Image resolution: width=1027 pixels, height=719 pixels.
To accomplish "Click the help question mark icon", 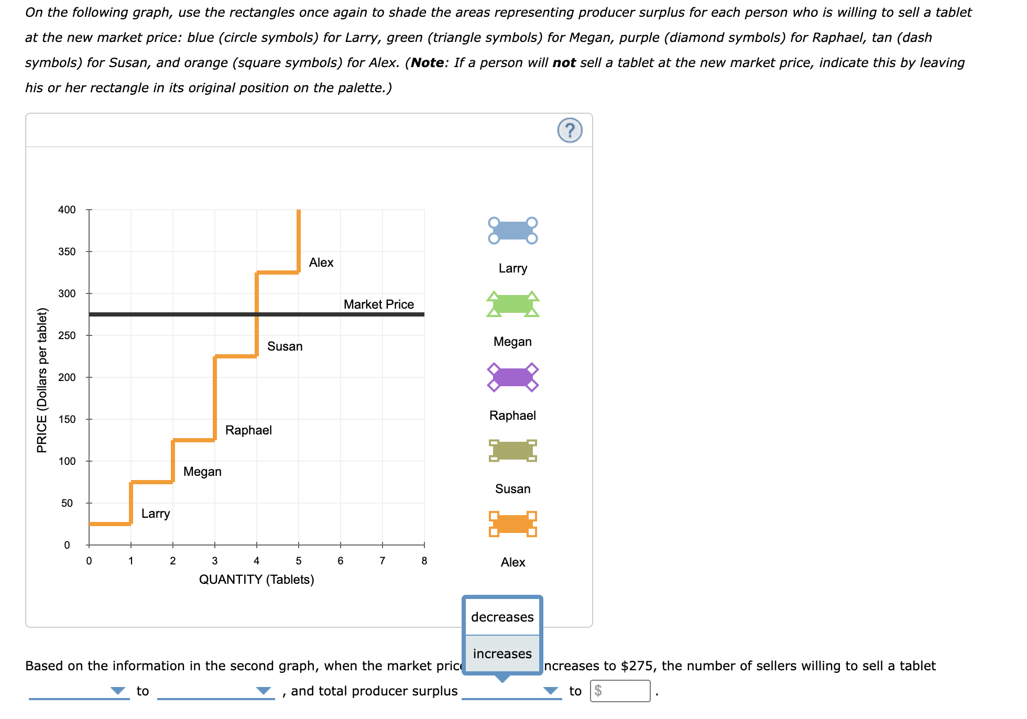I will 570,130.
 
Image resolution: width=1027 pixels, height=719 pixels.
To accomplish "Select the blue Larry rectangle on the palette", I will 512,231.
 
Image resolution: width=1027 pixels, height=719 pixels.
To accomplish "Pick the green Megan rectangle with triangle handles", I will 512,304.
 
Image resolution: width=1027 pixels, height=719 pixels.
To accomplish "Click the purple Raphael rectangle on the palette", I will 512,377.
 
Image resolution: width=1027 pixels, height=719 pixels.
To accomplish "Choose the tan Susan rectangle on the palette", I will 512,451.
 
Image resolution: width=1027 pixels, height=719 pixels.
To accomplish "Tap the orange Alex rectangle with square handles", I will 512,524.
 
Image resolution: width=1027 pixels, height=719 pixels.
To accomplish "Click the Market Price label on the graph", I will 378,304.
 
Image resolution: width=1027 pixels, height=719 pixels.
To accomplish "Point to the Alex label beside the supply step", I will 321,263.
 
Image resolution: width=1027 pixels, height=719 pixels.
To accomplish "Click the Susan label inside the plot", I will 285,346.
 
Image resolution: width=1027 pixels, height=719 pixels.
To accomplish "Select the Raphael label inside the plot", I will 248,430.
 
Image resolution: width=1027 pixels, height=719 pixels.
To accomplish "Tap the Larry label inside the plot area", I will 156,514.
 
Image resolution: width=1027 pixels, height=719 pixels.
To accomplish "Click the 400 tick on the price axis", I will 67,210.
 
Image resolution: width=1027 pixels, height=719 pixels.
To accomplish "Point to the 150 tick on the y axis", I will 67,419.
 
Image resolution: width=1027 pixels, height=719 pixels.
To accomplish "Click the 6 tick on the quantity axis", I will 341,561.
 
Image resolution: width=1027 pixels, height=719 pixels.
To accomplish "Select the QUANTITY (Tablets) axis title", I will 256,580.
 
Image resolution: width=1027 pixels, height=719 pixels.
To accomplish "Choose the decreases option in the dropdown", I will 502,617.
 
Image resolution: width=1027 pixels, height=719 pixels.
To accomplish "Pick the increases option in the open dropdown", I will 502,653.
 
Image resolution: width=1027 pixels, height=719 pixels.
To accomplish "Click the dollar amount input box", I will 620,691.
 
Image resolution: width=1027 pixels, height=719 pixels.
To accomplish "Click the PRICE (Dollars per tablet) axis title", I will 42,380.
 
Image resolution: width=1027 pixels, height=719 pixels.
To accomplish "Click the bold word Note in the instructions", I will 428,63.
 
